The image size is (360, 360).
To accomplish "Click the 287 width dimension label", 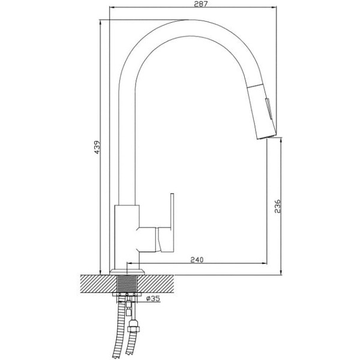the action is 200,4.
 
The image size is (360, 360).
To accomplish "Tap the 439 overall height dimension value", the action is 97,148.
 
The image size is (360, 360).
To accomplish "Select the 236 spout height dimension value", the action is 278,206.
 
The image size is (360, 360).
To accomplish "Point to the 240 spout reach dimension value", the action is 197,260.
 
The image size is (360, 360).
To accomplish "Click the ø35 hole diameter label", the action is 153,298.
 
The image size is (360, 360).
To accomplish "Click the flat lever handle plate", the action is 172,223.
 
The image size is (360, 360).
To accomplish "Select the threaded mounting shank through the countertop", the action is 127,284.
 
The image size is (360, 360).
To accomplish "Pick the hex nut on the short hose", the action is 134,329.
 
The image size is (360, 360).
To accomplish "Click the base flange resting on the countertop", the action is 127,272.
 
